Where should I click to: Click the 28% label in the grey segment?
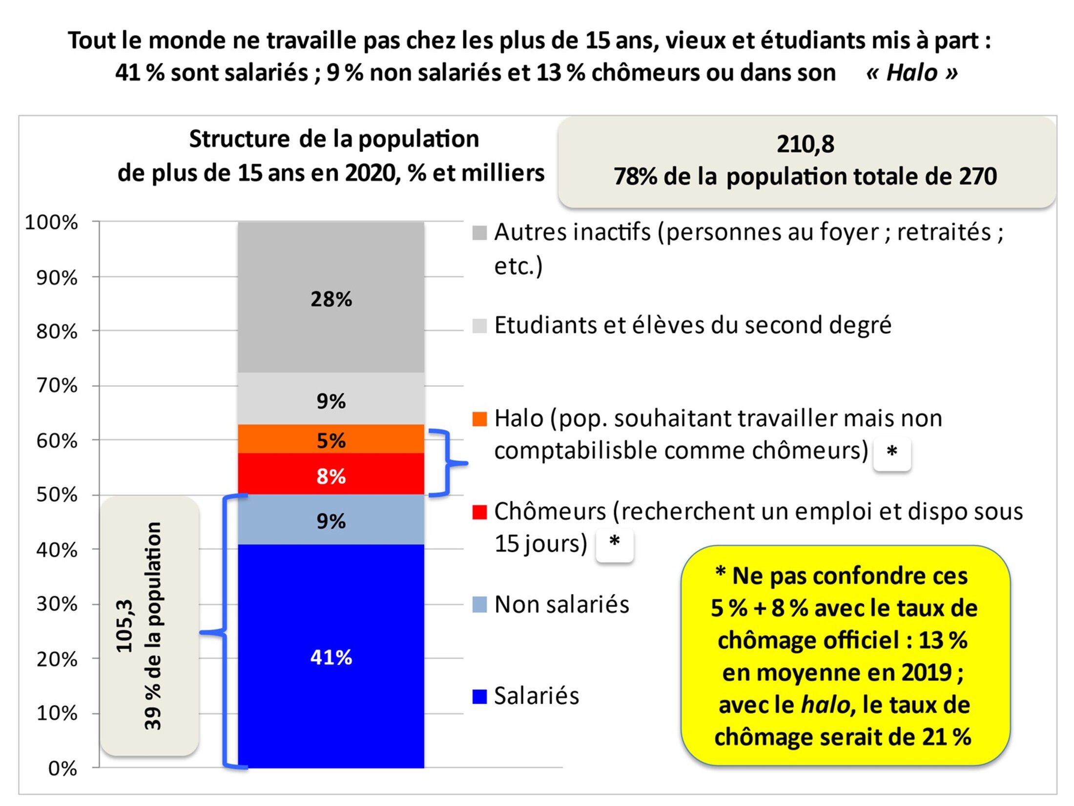pos(331,299)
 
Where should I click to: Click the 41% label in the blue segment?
pos(331,657)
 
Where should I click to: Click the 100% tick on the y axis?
pos(52,223)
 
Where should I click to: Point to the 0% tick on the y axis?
pos(62,769)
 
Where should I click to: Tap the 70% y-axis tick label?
pos(57,386)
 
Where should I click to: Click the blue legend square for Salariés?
pos(479,697)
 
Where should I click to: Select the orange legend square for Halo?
pos(479,419)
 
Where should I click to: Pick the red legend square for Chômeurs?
pos(479,512)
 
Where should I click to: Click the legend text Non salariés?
pos(561,604)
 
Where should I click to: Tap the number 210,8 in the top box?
pos(805,145)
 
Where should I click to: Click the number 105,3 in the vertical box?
pos(125,626)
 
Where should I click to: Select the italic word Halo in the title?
pos(912,73)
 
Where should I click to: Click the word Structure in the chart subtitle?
pos(239,139)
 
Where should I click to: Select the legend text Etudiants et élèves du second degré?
pos(693,325)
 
